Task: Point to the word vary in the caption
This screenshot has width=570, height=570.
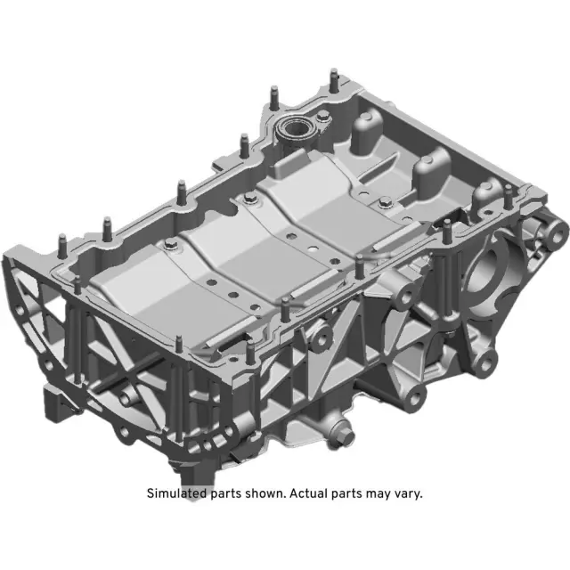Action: (406, 493)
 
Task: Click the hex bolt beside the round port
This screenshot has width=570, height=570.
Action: (320, 118)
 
